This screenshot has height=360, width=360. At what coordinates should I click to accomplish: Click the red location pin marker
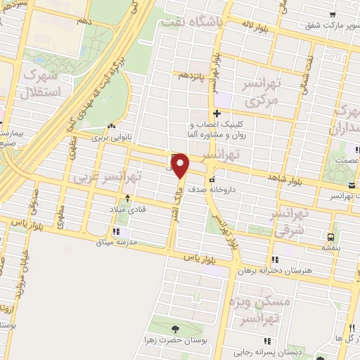(181, 166)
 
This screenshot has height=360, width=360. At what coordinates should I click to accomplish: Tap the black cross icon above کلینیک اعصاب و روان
(217, 113)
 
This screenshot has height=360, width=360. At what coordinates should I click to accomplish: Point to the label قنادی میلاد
(126, 210)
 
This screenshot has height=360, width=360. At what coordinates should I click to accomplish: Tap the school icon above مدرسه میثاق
(115, 231)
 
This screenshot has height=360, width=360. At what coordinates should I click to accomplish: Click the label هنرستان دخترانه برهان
(285, 271)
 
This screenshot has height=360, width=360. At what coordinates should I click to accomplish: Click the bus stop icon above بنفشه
(330, 237)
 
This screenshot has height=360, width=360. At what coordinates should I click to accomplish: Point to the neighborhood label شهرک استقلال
(42, 82)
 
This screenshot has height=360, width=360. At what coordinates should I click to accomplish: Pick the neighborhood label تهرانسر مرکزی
(261, 92)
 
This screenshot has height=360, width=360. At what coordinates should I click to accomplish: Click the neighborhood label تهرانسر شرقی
(288, 220)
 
